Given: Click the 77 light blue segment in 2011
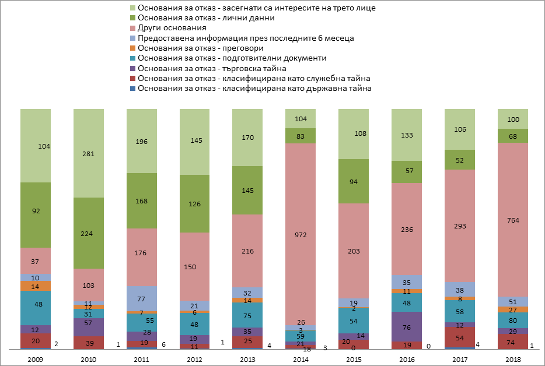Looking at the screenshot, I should pos(141,298).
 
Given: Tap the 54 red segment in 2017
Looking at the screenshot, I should pos(459,337).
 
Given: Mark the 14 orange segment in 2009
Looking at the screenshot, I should pos(36,286).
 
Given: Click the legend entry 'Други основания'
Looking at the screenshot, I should pos(172,28).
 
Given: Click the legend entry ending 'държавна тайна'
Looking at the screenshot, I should pos(254,89).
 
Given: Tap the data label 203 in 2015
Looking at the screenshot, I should pos(354,251).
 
